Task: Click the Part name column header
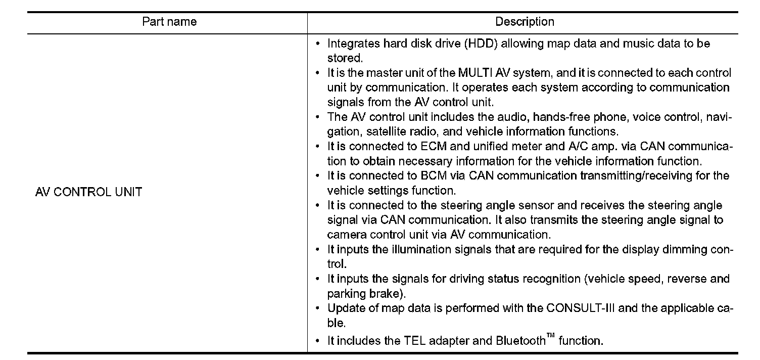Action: pyautogui.click(x=169, y=22)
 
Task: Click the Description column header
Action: pyautogui.click(x=525, y=22)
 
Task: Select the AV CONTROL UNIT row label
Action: pyautogui.click(x=88, y=192)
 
